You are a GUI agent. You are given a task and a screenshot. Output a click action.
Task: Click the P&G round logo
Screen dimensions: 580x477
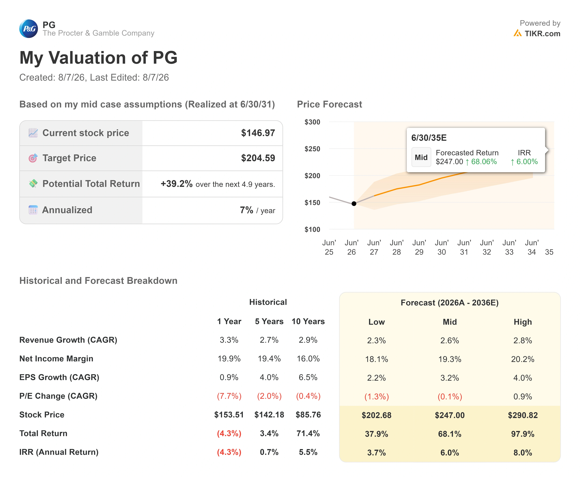29,29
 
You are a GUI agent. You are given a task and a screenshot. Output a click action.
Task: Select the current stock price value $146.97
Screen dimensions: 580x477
258,133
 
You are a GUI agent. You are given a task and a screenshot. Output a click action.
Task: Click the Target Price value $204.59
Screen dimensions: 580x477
258,158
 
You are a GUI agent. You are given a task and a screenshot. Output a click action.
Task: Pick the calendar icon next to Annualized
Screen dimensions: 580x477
33,210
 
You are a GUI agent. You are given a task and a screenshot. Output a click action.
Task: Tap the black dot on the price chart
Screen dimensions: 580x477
354,204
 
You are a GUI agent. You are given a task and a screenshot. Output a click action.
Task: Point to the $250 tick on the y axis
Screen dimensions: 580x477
312,149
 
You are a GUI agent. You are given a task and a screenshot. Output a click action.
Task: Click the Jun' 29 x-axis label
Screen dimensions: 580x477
419,247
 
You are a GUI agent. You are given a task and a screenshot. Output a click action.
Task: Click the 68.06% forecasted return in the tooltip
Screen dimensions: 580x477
484,162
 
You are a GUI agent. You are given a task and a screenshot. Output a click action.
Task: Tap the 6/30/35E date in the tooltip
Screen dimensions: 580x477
429,138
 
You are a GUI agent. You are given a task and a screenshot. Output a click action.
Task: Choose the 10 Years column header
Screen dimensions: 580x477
308,321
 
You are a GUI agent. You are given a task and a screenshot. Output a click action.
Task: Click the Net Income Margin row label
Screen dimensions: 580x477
56,359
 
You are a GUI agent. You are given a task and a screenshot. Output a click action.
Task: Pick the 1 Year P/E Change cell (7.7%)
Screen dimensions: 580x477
229,396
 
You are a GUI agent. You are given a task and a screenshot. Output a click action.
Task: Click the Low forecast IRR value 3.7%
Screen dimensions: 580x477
377,453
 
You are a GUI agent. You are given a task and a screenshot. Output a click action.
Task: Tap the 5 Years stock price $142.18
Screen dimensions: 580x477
269,415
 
